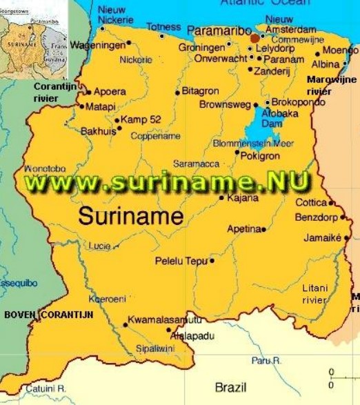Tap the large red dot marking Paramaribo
pos(255,38)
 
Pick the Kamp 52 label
pos(141,119)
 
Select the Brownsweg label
pos(224,105)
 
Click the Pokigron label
pos(259,157)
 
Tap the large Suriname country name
pos(130,216)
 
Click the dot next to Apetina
pos(265,228)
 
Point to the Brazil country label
pos(230,386)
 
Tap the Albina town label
pos(325,64)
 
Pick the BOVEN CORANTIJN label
pos(48,315)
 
